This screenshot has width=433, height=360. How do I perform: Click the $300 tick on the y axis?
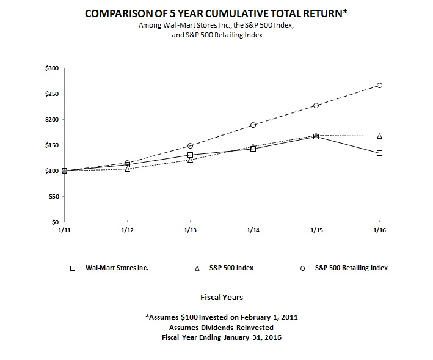52,68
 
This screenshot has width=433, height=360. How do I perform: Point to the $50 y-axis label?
54,197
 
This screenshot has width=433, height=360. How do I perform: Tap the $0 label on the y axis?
56,222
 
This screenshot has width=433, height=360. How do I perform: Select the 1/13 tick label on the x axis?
190,230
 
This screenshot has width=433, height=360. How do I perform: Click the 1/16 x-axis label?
379,230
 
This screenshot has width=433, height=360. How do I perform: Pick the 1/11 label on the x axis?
64,230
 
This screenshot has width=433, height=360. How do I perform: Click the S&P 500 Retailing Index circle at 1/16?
379,86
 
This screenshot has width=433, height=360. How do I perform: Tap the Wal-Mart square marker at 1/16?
379,153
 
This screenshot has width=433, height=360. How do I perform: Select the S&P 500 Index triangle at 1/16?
379,136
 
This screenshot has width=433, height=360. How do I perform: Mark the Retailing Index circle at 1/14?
253,125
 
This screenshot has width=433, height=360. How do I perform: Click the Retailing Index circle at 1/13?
190,146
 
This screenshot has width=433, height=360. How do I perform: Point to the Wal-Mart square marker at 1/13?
190,155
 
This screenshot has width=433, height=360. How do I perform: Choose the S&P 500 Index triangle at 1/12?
127,169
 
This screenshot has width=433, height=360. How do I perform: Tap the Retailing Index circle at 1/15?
316,106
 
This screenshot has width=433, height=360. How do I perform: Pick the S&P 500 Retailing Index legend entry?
351,268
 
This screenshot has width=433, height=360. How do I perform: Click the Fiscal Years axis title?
222,298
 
